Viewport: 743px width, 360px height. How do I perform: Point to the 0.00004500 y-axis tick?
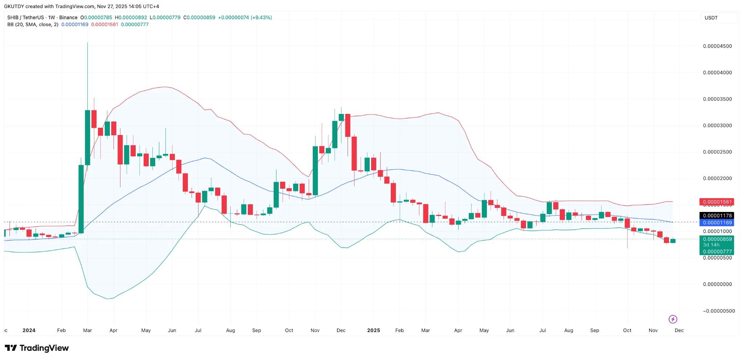point(717,46)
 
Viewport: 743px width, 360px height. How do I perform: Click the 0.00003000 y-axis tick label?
point(717,126)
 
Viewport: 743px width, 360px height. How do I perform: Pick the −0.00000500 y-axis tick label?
point(719,311)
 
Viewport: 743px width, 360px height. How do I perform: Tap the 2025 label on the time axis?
point(373,330)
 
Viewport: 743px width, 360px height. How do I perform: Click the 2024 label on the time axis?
point(29,330)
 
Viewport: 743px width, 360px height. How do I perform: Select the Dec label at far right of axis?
point(679,330)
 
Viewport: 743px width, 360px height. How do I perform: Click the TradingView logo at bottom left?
point(37,348)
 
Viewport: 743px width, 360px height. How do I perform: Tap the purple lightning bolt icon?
point(673,319)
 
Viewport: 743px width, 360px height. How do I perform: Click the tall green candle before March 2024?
point(81,199)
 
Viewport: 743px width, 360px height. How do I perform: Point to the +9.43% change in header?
point(261,17)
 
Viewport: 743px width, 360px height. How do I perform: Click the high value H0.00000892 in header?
point(131,17)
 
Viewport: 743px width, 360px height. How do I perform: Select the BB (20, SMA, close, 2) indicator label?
point(33,25)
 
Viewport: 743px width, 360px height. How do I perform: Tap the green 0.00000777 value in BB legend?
point(135,25)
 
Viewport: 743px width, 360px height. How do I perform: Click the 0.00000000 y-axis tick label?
point(717,284)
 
